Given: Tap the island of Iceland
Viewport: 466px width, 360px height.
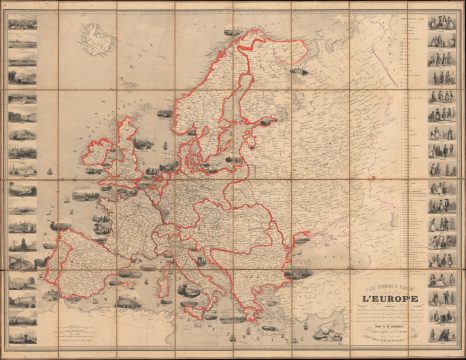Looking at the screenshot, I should (x=98, y=44).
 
